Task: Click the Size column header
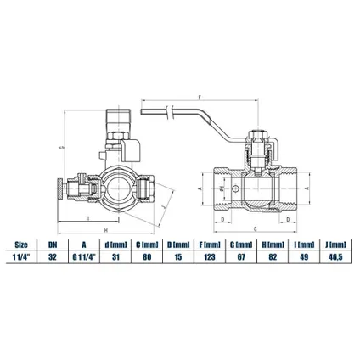(21, 245)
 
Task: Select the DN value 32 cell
(53, 257)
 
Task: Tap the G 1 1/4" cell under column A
(84, 257)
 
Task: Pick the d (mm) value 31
(115, 257)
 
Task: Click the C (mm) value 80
(147, 257)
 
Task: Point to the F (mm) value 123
(210, 257)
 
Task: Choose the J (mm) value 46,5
(335, 257)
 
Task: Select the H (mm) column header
(273, 245)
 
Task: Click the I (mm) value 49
(304, 257)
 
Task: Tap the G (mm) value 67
(241, 257)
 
